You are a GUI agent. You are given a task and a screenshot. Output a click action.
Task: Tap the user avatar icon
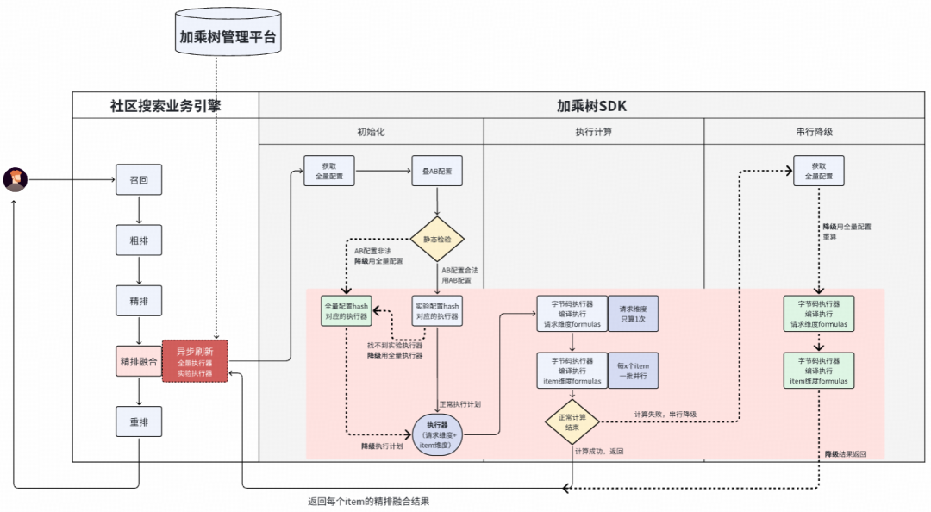pyautogui.click(x=15, y=179)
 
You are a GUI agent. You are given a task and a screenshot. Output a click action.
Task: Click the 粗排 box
pyautogui.click(x=139, y=240)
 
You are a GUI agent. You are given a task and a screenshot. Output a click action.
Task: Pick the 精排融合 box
pyautogui.click(x=139, y=361)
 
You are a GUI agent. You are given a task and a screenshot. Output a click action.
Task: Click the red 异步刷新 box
pyautogui.click(x=195, y=361)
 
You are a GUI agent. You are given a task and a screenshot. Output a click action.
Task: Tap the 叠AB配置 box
pyautogui.click(x=437, y=171)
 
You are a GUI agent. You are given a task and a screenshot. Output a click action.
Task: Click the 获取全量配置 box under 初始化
pyautogui.click(x=329, y=171)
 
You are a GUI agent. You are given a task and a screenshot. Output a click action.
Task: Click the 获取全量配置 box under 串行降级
pyautogui.click(x=818, y=171)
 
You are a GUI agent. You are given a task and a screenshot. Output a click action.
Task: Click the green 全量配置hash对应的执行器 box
pyautogui.click(x=347, y=311)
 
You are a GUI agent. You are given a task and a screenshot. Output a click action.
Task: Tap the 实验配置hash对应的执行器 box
pyautogui.click(x=437, y=311)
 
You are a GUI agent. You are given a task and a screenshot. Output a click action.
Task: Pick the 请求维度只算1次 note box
pyautogui.click(x=633, y=314)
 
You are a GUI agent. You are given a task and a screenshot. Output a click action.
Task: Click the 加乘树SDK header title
pyautogui.click(x=592, y=105)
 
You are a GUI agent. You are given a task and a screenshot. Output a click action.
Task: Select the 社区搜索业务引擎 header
pyautogui.click(x=166, y=105)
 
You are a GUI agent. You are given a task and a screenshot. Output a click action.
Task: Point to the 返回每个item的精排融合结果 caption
pyautogui.click(x=368, y=501)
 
